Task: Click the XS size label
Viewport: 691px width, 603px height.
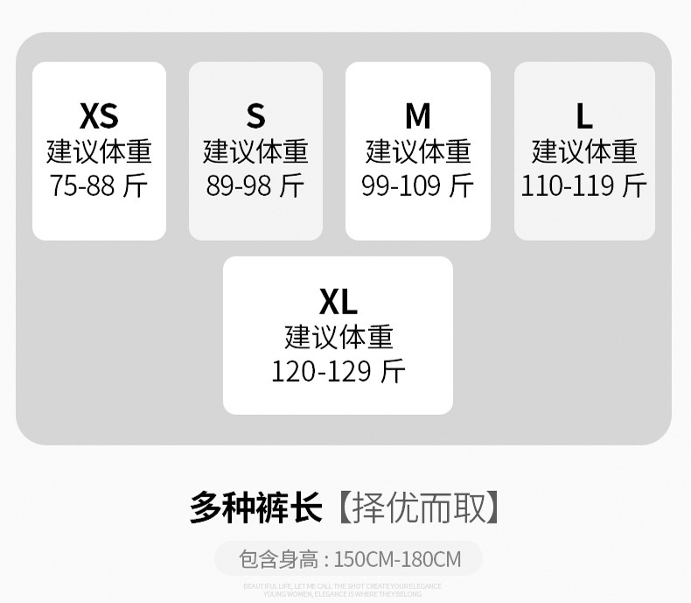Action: click(99, 116)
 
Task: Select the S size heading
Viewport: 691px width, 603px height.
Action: click(255, 116)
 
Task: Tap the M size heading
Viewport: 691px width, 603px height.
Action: click(418, 116)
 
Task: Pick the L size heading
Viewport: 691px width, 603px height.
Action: click(584, 116)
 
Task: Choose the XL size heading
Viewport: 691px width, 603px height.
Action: click(339, 302)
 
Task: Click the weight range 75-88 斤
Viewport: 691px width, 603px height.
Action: click(99, 186)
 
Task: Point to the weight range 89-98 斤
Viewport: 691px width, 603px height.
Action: click(255, 186)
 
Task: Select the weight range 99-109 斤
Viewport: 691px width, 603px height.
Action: click(418, 186)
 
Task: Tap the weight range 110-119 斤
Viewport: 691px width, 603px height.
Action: click(584, 186)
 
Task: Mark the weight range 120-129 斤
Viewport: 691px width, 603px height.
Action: click(339, 371)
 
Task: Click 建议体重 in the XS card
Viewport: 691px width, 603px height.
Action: click(99, 151)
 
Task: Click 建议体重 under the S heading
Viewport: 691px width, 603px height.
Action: click(255, 151)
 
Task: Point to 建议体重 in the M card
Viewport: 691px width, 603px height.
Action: click(418, 151)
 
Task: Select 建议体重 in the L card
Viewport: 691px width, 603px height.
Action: click(584, 151)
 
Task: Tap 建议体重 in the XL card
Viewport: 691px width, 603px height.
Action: click(339, 337)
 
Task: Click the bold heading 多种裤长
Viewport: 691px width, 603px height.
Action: click(255, 508)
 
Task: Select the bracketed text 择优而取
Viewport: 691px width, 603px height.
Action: click(419, 508)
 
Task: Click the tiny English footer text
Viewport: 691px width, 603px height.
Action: click(343, 590)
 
